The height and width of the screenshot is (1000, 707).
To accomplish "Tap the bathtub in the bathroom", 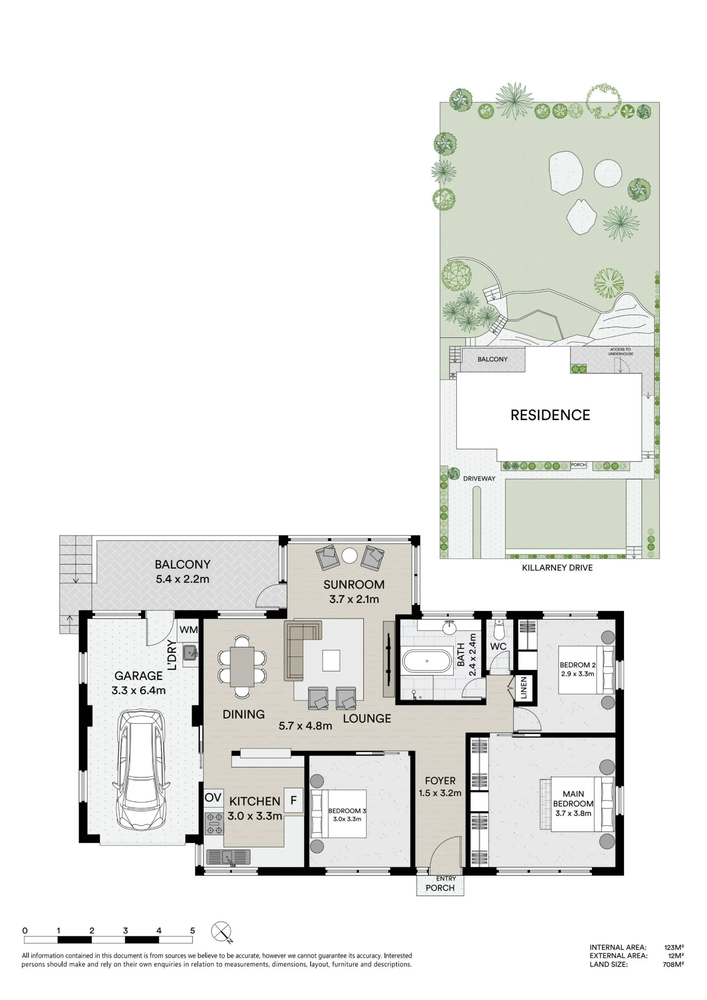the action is click(x=427, y=661).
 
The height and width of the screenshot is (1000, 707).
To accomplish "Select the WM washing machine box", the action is click(x=188, y=630).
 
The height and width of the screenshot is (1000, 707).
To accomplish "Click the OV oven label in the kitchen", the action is click(x=213, y=797).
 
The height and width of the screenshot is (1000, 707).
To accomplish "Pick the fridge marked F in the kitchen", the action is click(x=294, y=800).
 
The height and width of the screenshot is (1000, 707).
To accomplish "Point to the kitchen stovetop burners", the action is click(x=214, y=823).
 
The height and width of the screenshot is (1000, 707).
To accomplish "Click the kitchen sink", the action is click(x=229, y=857).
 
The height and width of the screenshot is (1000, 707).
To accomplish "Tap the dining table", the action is click(x=242, y=666).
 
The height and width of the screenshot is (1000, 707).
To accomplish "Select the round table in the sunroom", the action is click(x=349, y=555).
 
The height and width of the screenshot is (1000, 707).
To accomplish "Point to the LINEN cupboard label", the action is click(x=523, y=687).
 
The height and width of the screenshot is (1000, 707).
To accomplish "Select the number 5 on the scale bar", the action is click(x=193, y=930).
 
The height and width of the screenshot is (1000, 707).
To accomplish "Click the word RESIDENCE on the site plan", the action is click(x=550, y=415).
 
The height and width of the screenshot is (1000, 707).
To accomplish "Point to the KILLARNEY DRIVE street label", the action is click(x=557, y=567).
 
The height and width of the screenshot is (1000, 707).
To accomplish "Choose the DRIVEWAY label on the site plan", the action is click(x=479, y=478).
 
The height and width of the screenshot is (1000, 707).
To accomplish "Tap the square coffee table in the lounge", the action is click(x=331, y=660).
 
